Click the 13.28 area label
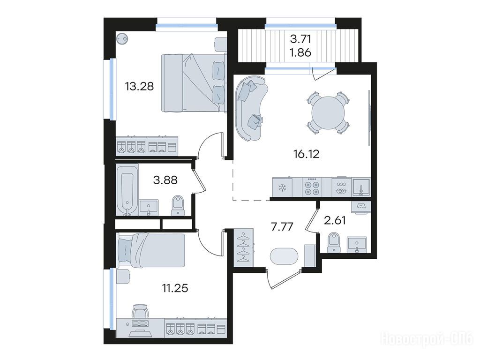pyautogui.click(x=139, y=86)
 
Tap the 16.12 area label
pyautogui.click(x=307, y=154)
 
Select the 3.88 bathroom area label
pyautogui.click(x=165, y=180)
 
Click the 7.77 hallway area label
pyautogui.click(x=282, y=227)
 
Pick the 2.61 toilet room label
pyautogui.click(x=335, y=220)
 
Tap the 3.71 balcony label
pyautogui.click(x=300, y=39)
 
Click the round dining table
pyautogui.click(x=328, y=112)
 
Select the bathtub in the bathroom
pyautogui.click(x=127, y=194)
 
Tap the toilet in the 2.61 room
pyautogui.click(x=334, y=243)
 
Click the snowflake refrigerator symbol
pyautogui.click(x=282, y=187)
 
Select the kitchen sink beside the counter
pyautogui.click(x=361, y=187)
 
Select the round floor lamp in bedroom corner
pyautogui.click(x=122, y=39)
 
